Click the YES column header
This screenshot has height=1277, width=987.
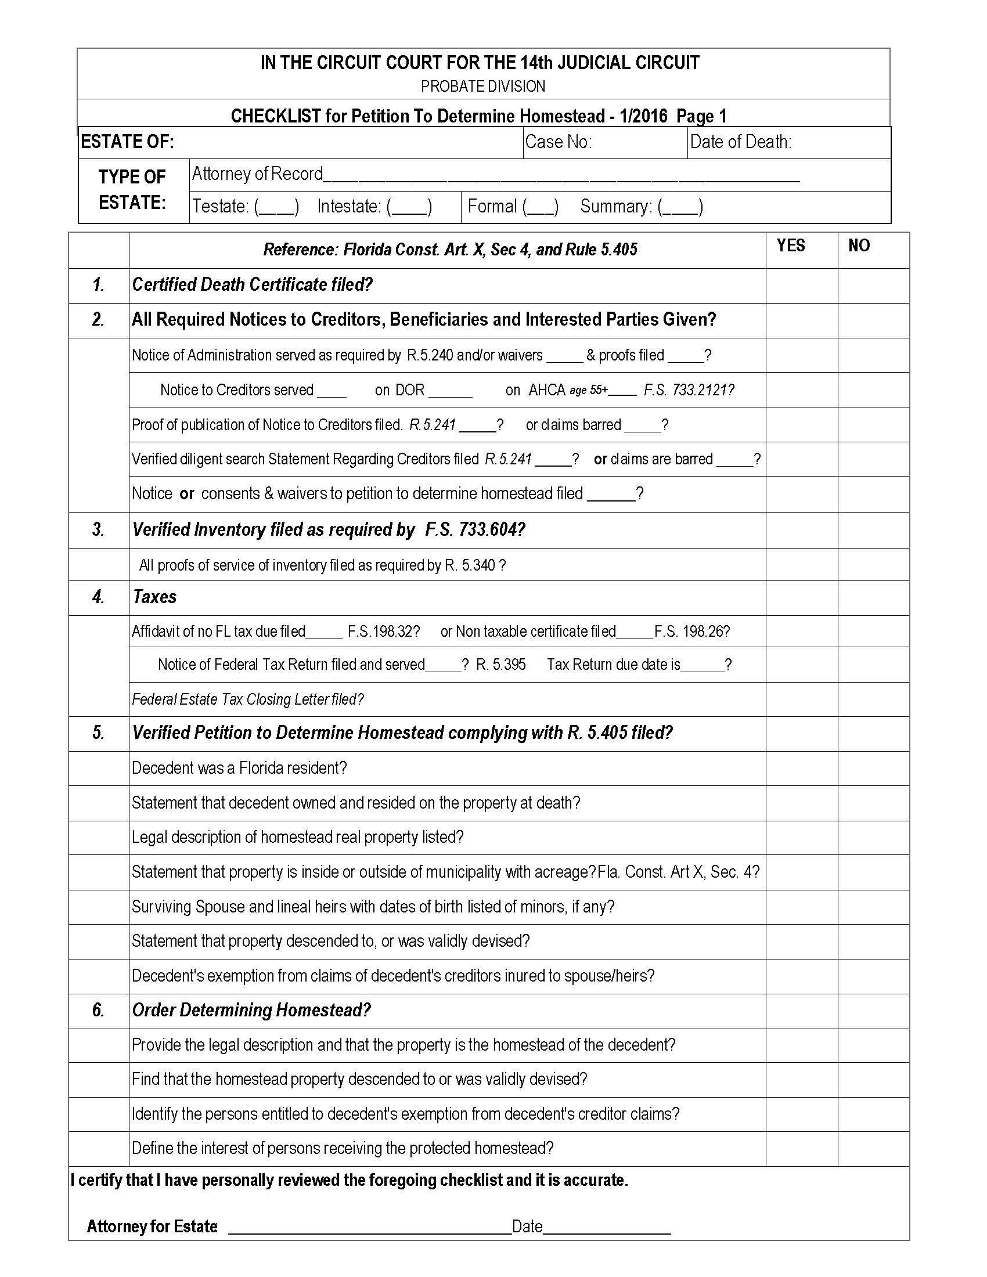(x=791, y=246)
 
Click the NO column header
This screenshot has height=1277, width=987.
(x=859, y=246)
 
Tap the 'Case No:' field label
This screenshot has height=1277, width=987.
(x=559, y=142)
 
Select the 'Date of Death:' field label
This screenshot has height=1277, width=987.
(x=740, y=142)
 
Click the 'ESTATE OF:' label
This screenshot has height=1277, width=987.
(x=128, y=142)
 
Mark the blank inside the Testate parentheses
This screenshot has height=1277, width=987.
(x=276, y=207)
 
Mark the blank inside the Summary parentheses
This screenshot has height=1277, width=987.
(x=680, y=207)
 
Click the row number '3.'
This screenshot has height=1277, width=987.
(x=98, y=530)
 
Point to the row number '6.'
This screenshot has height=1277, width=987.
(x=98, y=1011)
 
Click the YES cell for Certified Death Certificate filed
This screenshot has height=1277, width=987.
(x=802, y=286)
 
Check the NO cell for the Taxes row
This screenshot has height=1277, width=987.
(x=873, y=597)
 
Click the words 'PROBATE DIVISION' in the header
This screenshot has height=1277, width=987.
(x=483, y=86)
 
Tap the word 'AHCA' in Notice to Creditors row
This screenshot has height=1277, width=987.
(x=547, y=390)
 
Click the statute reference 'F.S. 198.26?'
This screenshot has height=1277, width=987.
(x=691, y=632)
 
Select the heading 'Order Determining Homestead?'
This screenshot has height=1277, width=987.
(x=251, y=1011)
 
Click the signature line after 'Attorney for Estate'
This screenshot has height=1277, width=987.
(x=369, y=1226)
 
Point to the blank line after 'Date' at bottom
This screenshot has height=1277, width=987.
(x=607, y=1226)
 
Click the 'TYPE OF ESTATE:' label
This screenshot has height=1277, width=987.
(x=132, y=189)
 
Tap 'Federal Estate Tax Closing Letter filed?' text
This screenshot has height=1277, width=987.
(x=248, y=699)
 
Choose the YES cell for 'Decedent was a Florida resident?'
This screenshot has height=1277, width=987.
(x=802, y=769)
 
